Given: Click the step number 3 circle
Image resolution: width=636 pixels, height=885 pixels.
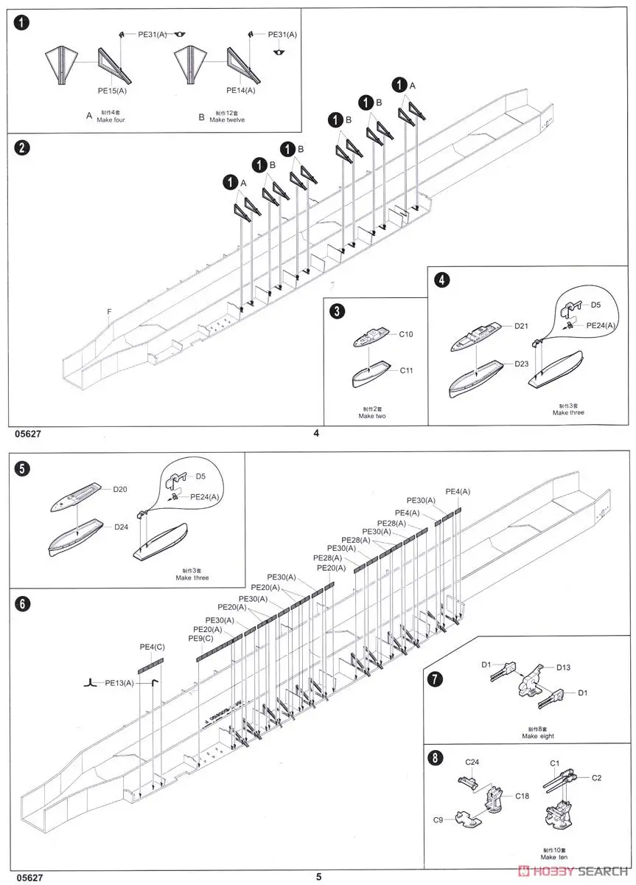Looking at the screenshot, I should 337,311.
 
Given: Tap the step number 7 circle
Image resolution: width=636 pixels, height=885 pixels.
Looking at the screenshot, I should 436,679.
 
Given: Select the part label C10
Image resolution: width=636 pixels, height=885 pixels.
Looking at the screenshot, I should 407,335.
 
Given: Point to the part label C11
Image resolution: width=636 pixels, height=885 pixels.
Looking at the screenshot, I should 407,370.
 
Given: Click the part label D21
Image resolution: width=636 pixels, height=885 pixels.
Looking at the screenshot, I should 522,325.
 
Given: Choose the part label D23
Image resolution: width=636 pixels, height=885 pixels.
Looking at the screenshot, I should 522,364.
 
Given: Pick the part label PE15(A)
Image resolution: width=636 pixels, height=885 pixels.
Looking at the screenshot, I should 114,90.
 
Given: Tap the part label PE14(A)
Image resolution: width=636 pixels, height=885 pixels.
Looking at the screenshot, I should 240,90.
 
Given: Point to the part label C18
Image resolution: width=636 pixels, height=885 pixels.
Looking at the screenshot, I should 522,796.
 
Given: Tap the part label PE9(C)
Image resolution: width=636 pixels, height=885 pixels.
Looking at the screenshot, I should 200,638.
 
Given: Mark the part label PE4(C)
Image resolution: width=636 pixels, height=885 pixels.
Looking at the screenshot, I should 152,647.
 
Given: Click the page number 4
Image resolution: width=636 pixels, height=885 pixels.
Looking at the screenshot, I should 317,433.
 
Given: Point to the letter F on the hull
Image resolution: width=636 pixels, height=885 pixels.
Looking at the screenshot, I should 108,313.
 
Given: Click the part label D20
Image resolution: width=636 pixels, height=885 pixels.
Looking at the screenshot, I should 120,489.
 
